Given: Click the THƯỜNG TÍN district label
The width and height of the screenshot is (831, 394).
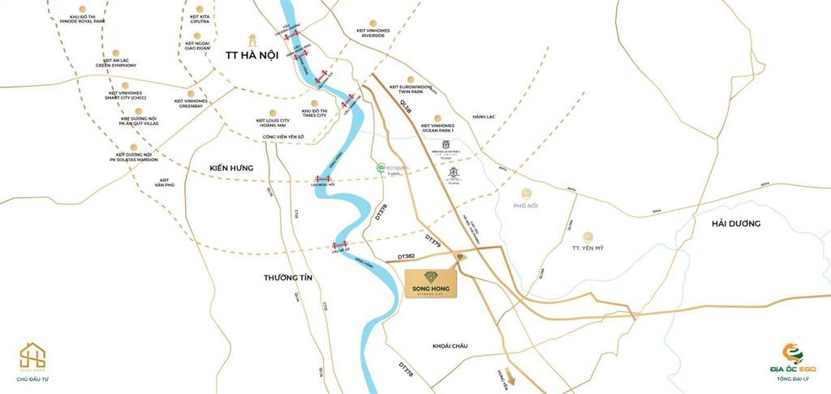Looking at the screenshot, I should coord(288,277).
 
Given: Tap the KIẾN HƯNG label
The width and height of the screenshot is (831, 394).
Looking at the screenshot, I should coord(231,168).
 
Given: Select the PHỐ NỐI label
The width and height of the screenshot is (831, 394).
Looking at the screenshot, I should coord(526,205).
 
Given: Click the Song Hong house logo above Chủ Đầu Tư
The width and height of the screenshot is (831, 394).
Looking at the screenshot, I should coord(32,356).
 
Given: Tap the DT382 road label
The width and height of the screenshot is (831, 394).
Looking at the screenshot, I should coord(407,256).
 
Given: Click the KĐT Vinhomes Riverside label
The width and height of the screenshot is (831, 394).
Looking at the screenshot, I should coord(373,33).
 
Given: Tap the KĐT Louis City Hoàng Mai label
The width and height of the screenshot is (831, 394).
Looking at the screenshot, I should coord(272,121).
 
